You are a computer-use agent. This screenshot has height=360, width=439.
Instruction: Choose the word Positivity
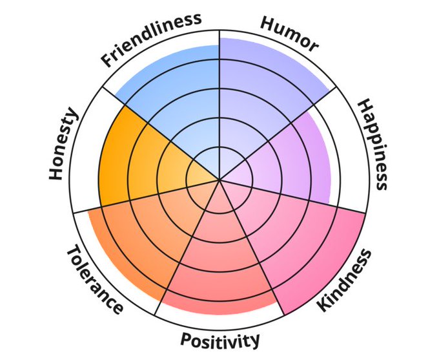tap(220, 339)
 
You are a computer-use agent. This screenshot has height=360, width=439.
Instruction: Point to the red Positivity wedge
tap(219, 265)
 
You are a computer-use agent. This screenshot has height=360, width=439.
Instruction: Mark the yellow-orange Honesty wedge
tap(136, 155)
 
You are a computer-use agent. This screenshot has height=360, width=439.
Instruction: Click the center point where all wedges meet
tap(219, 180)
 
